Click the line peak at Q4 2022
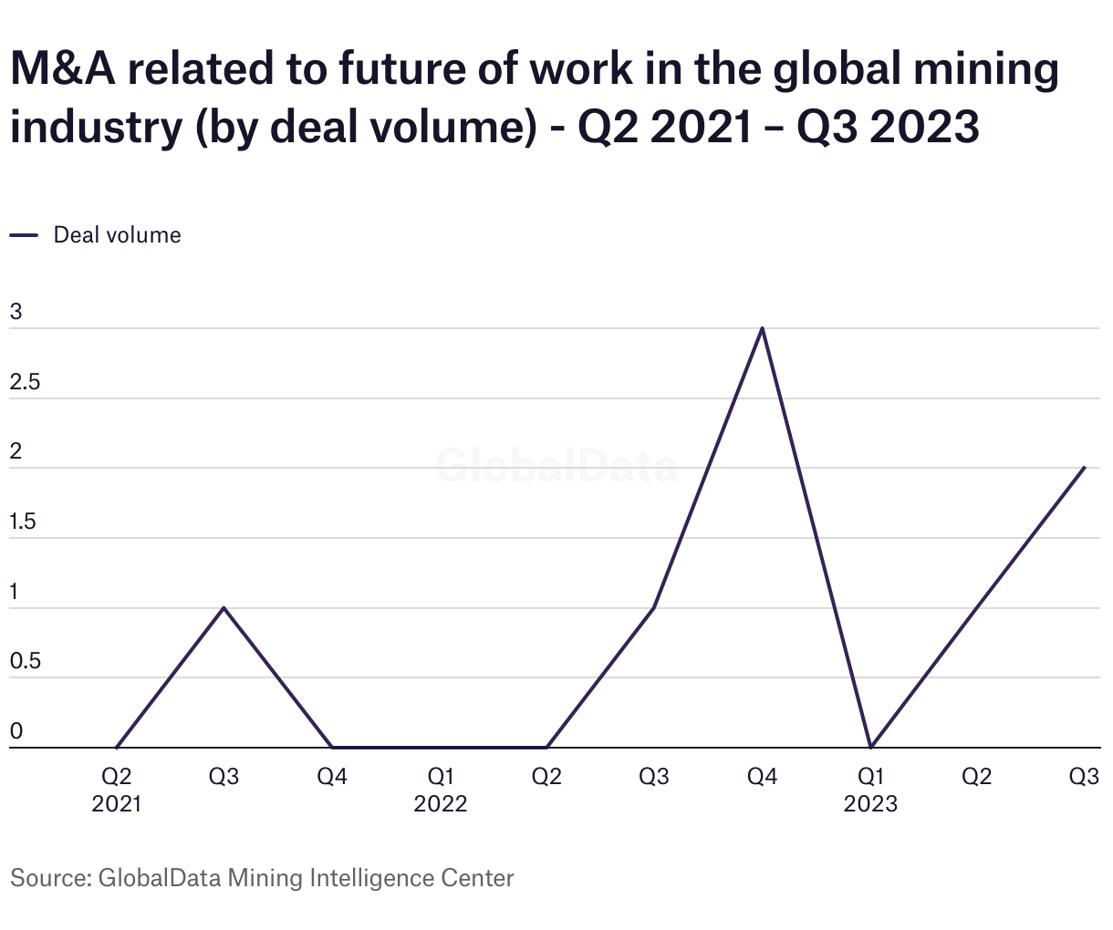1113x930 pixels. click(762, 328)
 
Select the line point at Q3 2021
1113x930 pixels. click(224, 607)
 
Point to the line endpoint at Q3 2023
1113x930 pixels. click(1085, 468)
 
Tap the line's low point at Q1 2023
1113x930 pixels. click(871, 747)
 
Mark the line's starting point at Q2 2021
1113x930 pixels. click(117, 747)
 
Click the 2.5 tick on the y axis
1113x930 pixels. click(26, 382)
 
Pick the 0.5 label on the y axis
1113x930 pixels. click(26, 661)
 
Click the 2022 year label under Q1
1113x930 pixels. click(441, 804)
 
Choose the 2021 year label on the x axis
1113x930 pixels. click(117, 804)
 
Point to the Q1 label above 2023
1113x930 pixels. click(871, 777)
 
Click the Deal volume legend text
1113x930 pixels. click(117, 235)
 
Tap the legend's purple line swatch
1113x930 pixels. click(24, 235)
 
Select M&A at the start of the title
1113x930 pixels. click(63, 71)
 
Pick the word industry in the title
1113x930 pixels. click(97, 128)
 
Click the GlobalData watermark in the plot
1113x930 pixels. click(556, 466)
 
